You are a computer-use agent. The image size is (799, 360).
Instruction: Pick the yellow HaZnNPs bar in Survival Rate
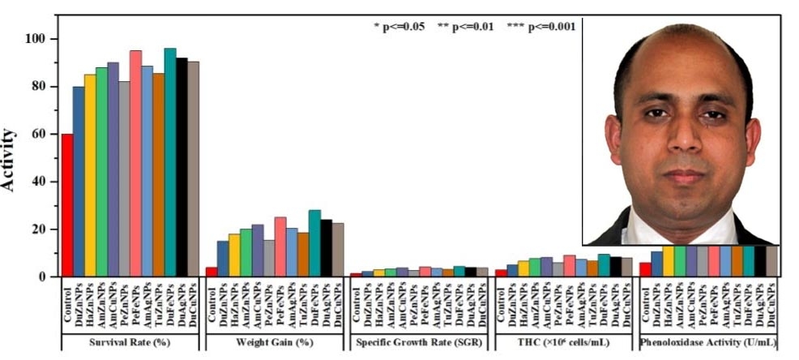point(90,175)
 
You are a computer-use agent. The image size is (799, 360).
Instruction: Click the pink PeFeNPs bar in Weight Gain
point(280,246)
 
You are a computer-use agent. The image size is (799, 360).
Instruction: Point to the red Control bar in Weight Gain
point(211,272)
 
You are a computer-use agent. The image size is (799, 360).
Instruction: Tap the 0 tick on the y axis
point(50,276)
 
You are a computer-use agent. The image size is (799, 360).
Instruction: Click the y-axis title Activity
point(11,158)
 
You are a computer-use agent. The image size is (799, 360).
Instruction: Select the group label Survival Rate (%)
point(130,341)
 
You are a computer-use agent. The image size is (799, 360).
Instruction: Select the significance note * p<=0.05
point(399,27)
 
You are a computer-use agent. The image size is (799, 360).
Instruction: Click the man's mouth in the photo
point(684,176)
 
